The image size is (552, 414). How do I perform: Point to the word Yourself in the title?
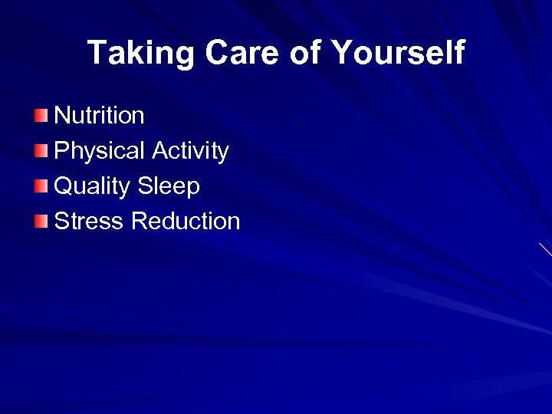(x=398, y=53)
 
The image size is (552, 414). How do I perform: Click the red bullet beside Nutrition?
(x=41, y=116)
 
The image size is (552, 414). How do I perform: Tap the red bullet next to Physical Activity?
(x=41, y=151)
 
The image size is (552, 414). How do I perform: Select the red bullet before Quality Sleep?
(x=41, y=186)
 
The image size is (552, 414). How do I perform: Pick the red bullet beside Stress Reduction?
(x=41, y=222)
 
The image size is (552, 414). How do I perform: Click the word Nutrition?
(x=99, y=116)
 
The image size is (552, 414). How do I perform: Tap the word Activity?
(x=190, y=151)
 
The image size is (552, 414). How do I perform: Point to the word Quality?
(x=93, y=186)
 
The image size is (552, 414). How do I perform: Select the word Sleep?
(x=169, y=186)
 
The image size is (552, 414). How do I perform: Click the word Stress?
(x=89, y=222)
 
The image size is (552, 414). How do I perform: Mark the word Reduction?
(x=186, y=222)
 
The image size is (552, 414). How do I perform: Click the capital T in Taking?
(x=97, y=53)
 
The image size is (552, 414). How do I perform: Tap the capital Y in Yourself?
(x=342, y=53)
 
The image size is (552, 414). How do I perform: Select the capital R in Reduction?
(x=140, y=222)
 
